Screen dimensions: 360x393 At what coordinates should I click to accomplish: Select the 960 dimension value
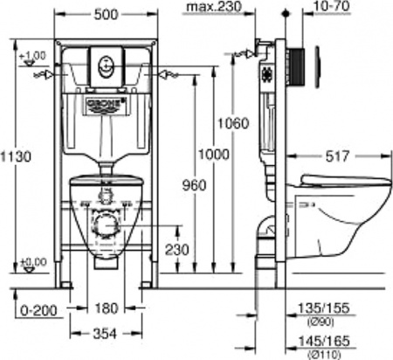pyautogui.click(x=193, y=186)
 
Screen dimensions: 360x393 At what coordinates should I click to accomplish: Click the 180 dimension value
pyautogui.click(x=106, y=308)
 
